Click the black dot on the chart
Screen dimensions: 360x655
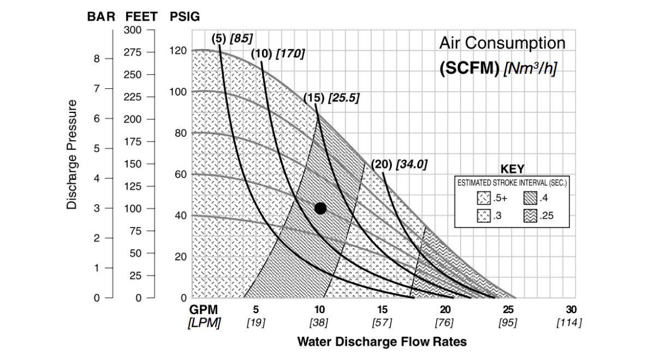(320, 208)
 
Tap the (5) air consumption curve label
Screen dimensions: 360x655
(218, 38)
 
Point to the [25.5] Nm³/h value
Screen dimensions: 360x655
(343, 98)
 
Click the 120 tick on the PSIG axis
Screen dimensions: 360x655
(181, 51)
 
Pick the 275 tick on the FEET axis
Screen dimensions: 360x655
(133, 52)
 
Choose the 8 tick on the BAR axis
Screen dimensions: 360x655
(96, 59)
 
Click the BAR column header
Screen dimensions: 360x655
(101, 17)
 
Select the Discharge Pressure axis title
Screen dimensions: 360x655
(72, 154)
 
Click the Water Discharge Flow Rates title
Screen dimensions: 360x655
(382, 342)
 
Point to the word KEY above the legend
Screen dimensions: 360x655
(512, 169)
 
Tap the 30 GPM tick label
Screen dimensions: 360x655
(571, 310)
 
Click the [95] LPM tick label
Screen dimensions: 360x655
(508, 323)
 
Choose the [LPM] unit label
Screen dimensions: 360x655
(204, 323)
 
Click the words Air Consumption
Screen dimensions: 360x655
(502, 43)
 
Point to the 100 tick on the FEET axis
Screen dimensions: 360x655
(133, 208)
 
